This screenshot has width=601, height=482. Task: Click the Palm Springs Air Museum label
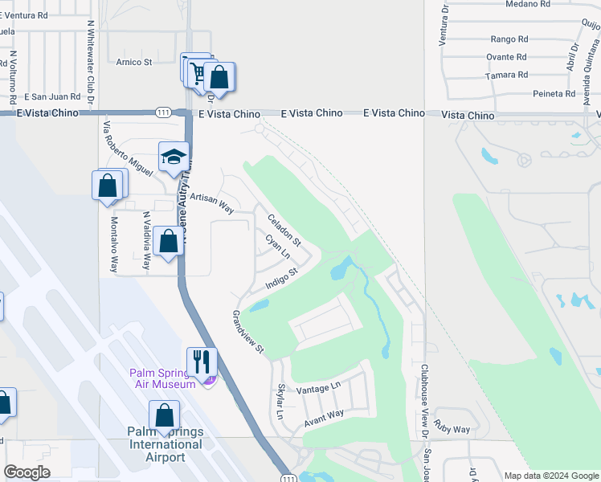pyautogui.click(x=163, y=378)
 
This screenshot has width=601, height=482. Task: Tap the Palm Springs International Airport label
pyautogui.click(x=165, y=445)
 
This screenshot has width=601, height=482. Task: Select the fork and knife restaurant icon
pyautogui.click(x=202, y=361)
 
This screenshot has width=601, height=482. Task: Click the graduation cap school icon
pyautogui.click(x=173, y=157)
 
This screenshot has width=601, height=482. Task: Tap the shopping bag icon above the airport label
pyautogui.click(x=165, y=415)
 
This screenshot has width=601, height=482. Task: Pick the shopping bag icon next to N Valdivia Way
pyautogui.click(x=167, y=240)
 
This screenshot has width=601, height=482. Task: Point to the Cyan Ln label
pyautogui.click(x=277, y=247)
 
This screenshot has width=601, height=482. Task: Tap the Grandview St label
pyautogui.click(x=248, y=332)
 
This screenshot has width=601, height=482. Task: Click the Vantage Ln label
pyautogui.click(x=319, y=388)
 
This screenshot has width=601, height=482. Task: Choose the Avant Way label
pyautogui.click(x=323, y=419)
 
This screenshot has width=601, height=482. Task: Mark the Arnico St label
pyautogui.click(x=133, y=62)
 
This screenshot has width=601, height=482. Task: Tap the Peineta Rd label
pyautogui.click(x=554, y=94)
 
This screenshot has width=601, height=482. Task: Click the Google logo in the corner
pyautogui.click(x=27, y=472)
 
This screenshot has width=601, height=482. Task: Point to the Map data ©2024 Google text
pyautogui.click(x=551, y=476)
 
